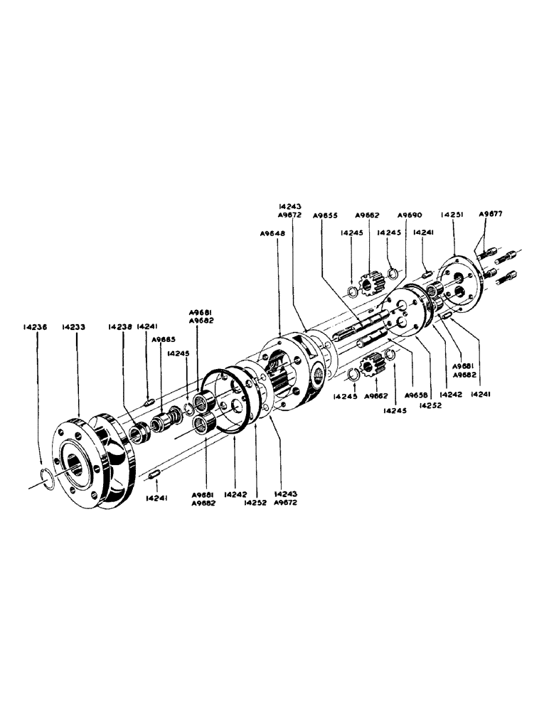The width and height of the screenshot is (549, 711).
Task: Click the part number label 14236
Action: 34,327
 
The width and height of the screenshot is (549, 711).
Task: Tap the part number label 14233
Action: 74,327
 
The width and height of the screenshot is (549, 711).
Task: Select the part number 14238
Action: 120,327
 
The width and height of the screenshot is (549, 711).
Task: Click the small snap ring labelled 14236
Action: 46,478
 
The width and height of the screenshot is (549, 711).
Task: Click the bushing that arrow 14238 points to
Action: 137,432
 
